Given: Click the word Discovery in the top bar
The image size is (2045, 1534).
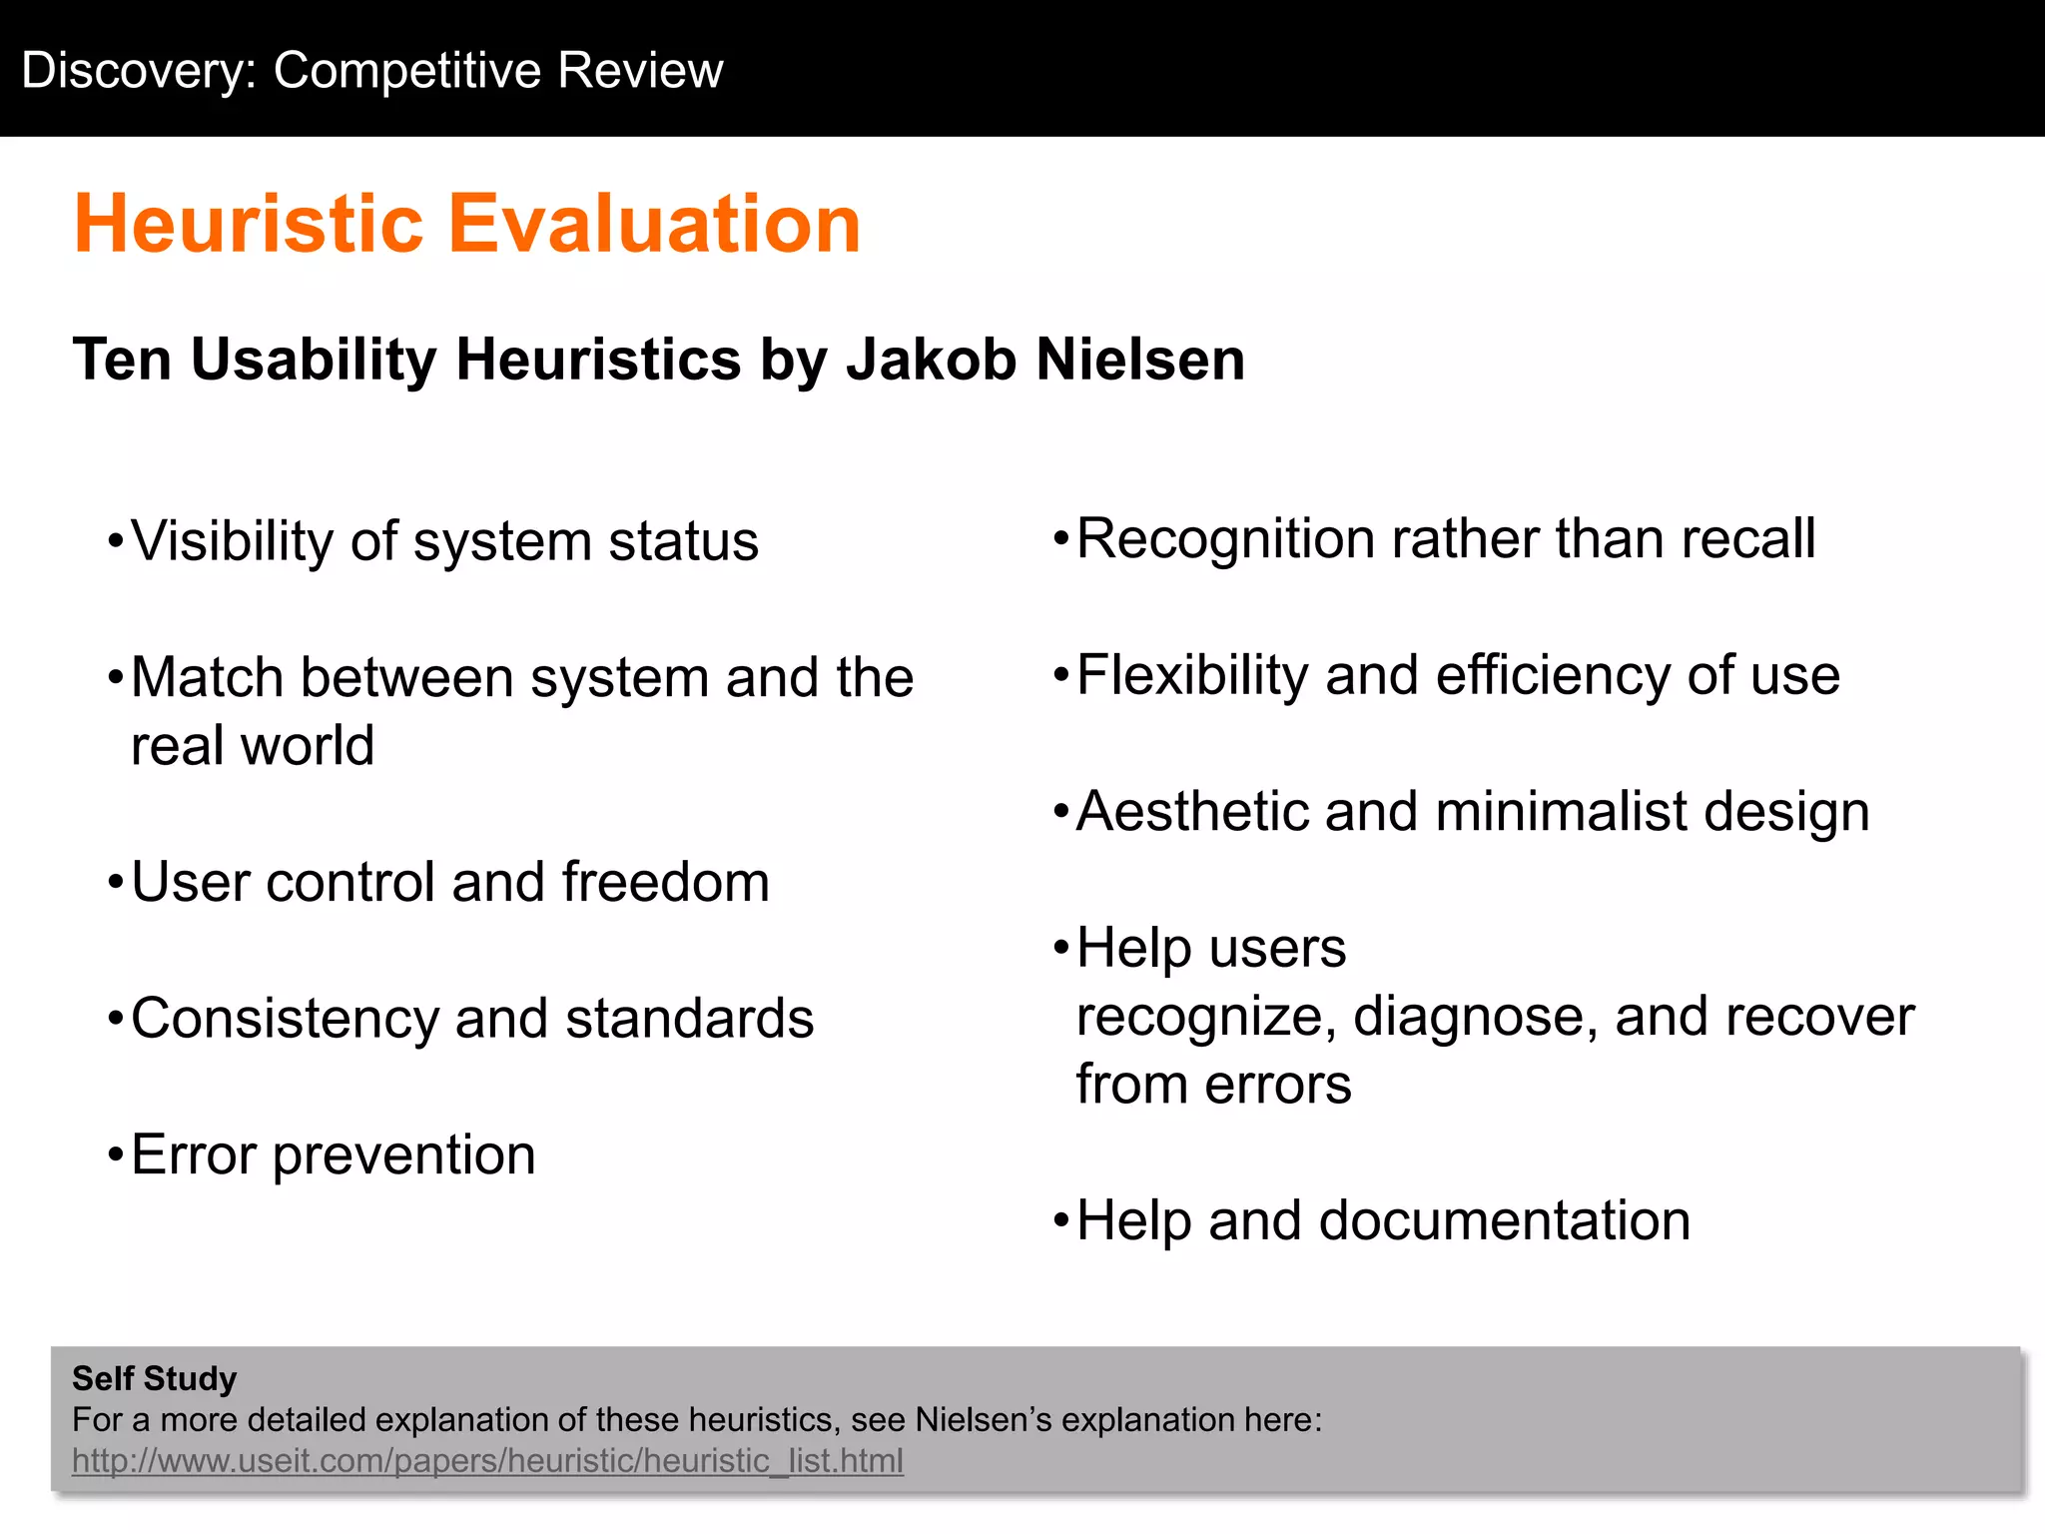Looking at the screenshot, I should [139, 71].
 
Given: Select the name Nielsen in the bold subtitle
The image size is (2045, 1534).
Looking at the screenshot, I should [1140, 360].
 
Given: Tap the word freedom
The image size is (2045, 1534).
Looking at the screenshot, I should [665, 883].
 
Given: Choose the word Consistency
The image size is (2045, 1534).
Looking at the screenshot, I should [285, 1020].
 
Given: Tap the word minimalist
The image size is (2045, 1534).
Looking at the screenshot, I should [1561, 811].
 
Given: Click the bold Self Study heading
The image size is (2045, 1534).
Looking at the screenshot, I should [155, 1378].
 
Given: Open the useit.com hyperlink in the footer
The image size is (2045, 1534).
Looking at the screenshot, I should [487, 1461].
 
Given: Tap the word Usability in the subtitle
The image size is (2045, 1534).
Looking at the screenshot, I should [314, 360].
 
